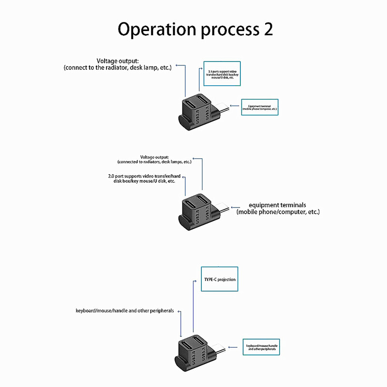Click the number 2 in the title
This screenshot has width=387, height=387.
point(268,30)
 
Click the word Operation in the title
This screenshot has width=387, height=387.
point(154,30)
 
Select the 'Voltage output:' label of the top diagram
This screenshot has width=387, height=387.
point(118,61)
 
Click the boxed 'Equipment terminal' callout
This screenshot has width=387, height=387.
point(260,107)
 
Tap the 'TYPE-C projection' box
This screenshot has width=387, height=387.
point(219,280)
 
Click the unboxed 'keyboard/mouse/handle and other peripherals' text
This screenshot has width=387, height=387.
point(125,311)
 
